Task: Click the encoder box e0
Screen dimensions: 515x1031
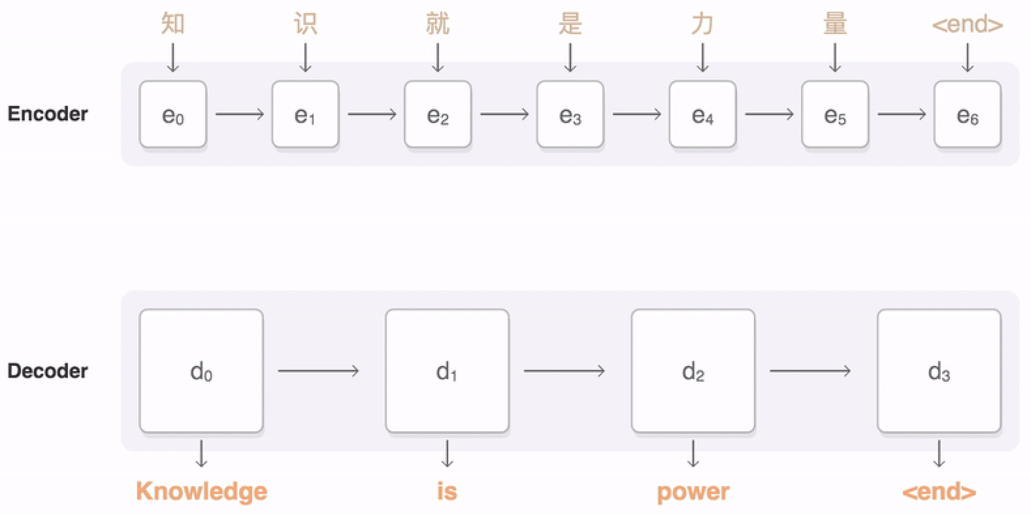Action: pyautogui.click(x=173, y=115)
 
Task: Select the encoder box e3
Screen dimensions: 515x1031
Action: pyautogui.click(x=570, y=115)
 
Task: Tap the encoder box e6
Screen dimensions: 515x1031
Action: pyautogui.click(x=967, y=115)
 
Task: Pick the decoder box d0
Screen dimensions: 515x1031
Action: pyautogui.click(x=201, y=371)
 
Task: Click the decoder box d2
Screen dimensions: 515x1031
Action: pyautogui.click(x=692, y=371)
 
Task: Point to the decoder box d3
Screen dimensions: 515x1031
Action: pyautogui.click(x=939, y=371)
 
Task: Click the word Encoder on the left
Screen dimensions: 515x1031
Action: pyautogui.click(x=47, y=114)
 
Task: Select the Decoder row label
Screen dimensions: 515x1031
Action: pyautogui.click(x=47, y=371)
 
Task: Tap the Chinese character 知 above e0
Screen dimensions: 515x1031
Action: pyautogui.click(x=173, y=24)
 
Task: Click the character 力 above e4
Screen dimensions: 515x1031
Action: pyautogui.click(x=702, y=24)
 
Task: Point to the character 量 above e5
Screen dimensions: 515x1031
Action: pyautogui.click(x=835, y=24)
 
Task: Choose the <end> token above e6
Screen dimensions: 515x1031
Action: pyautogui.click(x=967, y=24)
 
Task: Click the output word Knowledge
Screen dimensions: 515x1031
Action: pyautogui.click(x=201, y=491)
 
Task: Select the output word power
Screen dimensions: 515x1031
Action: pyautogui.click(x=693, y=492)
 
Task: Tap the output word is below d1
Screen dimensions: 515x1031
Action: pyautogui.click(x=447, y=491)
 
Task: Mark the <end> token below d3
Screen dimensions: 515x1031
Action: pyautogui.click(x=939, y=492)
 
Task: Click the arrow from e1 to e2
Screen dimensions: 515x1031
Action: pyautogui.click(x=372, y=115)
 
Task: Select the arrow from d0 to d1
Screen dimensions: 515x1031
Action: pyautogui.click(x=318, y=371)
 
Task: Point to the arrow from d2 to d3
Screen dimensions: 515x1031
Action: pyautogui.click(x=810, y=371)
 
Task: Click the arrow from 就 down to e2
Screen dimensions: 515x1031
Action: pyautogui.click(x=437, y=57)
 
